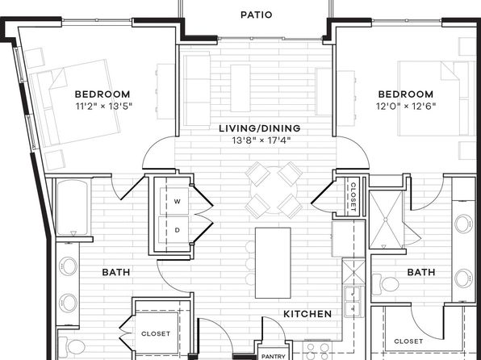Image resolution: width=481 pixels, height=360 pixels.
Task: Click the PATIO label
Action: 256,15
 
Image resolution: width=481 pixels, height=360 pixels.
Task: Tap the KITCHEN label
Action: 307,314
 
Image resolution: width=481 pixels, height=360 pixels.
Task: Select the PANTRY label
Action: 274,356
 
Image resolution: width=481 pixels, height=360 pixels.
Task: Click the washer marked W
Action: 174,201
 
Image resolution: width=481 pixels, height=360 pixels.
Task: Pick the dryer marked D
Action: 174,230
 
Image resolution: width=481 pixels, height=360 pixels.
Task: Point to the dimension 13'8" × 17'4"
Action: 261,140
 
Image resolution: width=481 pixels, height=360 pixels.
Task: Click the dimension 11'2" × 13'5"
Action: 103,107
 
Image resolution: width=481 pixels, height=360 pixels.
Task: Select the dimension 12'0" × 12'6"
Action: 406,107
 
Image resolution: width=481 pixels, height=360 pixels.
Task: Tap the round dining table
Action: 274,190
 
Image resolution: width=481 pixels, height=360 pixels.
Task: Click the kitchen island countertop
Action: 273,262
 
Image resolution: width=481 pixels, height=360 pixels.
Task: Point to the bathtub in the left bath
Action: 73,207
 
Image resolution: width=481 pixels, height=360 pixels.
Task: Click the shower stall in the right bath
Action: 386,220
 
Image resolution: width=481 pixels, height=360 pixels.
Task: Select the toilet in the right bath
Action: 385,284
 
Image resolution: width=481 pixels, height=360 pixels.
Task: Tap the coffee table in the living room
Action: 240,88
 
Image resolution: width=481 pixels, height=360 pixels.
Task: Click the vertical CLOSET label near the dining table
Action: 353,197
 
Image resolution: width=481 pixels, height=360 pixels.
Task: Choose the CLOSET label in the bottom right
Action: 408,341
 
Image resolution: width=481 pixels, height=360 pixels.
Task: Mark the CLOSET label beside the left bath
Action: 156,333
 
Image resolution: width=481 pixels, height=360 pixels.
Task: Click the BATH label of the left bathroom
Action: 116,272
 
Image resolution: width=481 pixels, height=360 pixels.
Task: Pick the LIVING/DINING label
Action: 260,128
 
